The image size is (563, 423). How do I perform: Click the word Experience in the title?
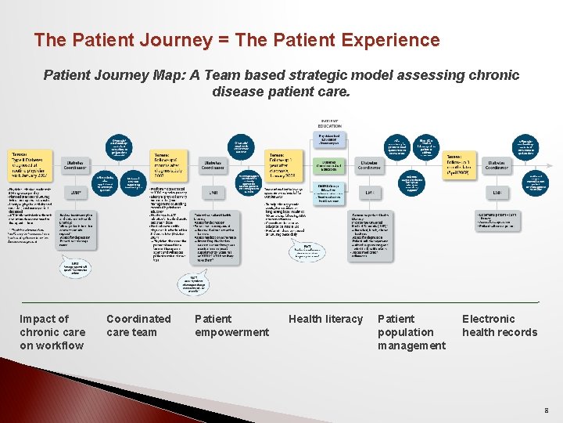click(389, 40)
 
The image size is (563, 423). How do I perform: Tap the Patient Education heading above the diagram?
click(329, 123)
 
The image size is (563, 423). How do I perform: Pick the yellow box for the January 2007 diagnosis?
click(32, 165)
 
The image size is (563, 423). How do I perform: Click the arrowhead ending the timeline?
click(538, 302)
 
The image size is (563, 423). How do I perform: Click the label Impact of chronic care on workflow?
click(52, 332)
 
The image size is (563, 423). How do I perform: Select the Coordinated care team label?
click(138, 325)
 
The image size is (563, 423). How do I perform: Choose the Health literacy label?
click(325, 319)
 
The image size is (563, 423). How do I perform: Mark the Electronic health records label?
click(500, 325)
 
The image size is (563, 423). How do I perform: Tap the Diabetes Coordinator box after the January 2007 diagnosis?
click(77, 165)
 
